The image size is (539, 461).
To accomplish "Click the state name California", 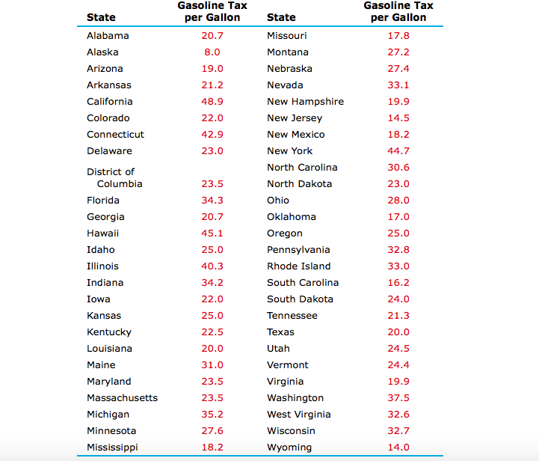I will click(x=109, y=102).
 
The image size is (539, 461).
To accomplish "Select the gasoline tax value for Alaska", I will click(x=212, y=52).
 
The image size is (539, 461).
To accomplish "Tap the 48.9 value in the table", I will click(x=212, y=102).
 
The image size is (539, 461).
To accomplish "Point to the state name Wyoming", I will click(x=289, y=448).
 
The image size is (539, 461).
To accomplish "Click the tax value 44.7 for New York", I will click(x=398, y=151).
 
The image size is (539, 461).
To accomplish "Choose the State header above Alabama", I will click(x=101, y=17).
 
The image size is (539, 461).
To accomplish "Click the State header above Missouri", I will click(x=281, y=17).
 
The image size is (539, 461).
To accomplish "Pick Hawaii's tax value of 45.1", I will click(x=212, y=233).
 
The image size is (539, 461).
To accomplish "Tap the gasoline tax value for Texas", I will click(x=398, y=332).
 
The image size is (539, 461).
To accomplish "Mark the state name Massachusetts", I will click(x=122, y=398).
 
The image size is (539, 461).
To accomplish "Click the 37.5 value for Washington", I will click(x=398, y=398).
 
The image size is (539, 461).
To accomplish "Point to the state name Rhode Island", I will click(x=298, y=266).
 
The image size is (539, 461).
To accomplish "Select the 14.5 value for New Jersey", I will click(x=398, y=118).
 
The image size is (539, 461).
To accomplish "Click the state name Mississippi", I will click(x=112, y=448).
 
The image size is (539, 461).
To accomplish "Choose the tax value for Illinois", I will click(x=212, y=266).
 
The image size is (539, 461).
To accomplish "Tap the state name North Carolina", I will click(x=302, y=168).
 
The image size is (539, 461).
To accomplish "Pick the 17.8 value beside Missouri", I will click(x=398, y=36).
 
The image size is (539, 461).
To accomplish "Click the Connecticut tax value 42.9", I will click(x=212, y=135).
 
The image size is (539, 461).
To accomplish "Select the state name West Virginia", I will click(x=298, y=415).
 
